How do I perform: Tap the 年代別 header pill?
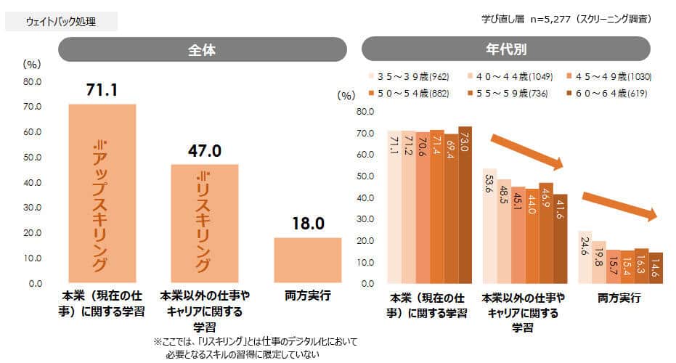point(506,49)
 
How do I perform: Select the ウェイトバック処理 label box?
point(61,22)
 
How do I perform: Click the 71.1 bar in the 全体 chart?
point(102,193)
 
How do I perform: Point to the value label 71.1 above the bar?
point(102,90)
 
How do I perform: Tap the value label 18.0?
point(308,223)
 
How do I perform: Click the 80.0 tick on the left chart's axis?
point(33,82)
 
